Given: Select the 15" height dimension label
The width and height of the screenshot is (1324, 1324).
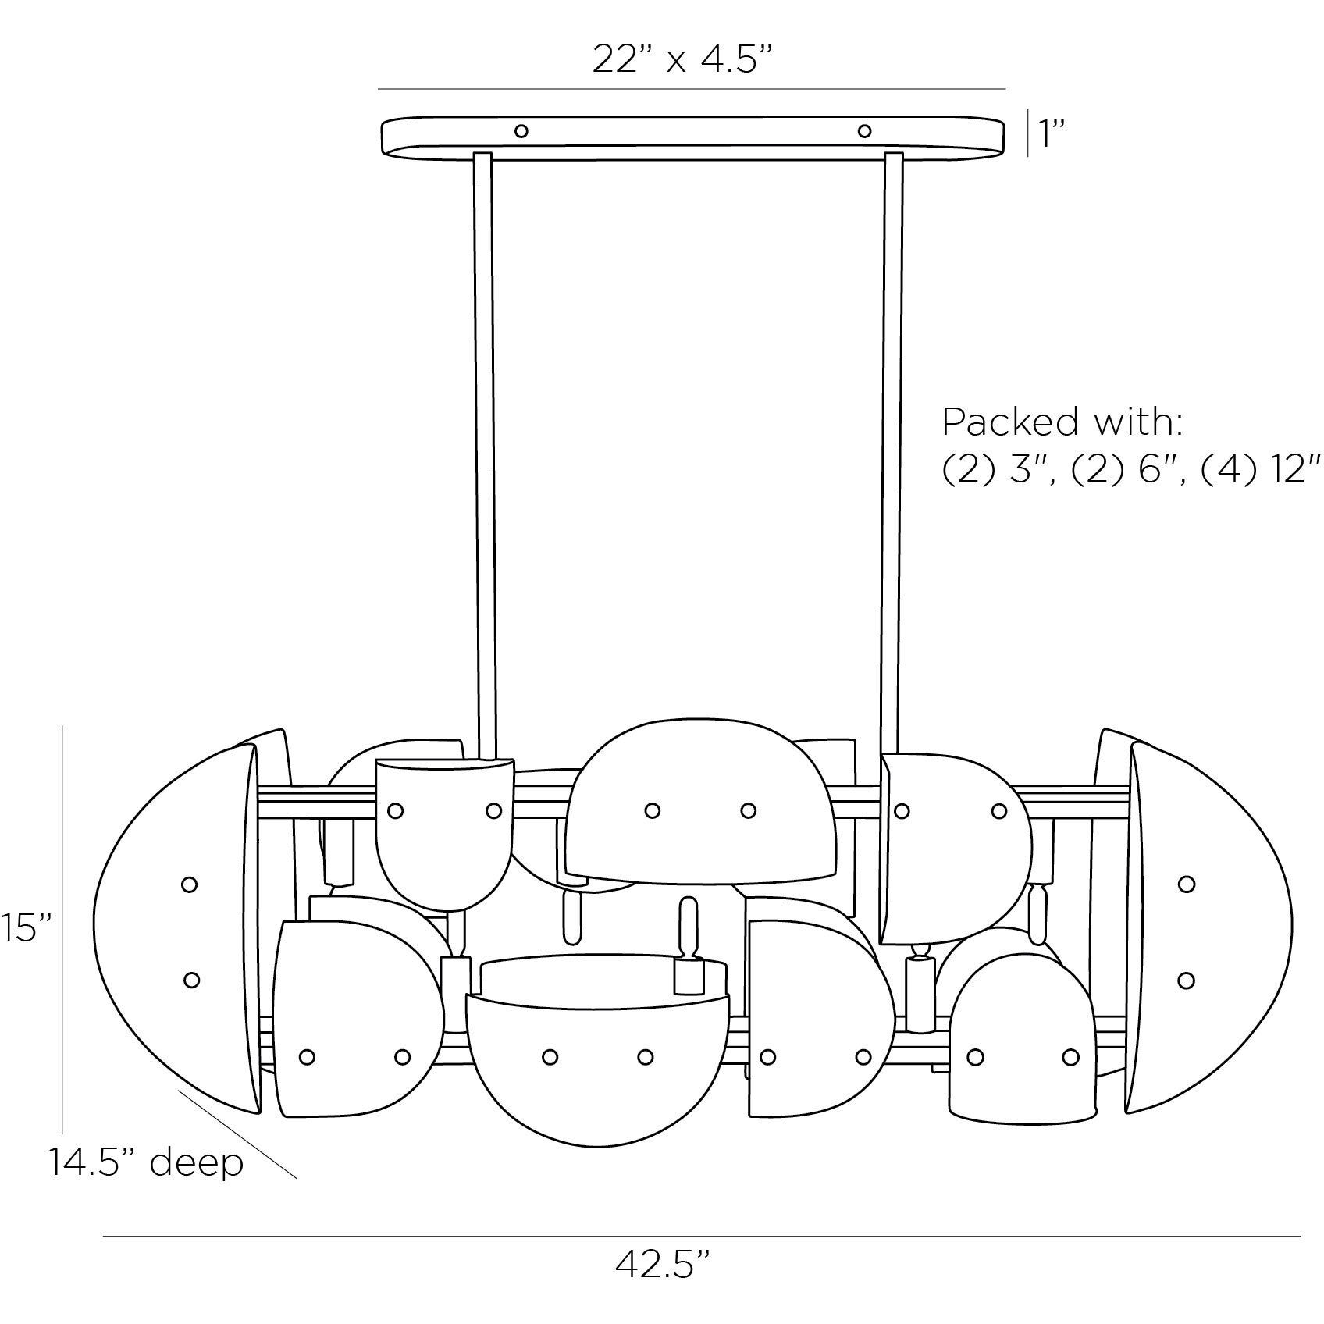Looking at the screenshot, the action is coord(26,929).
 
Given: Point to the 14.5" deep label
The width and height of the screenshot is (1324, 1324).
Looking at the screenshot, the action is coord(146,1162).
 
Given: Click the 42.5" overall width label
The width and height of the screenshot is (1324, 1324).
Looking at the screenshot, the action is coord(663,1285).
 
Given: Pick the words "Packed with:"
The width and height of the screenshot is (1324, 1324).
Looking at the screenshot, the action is coord(1062,422).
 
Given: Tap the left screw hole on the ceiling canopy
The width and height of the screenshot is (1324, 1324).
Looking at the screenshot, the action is coord(521,131).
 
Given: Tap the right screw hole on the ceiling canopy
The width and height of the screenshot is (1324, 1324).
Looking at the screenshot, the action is coord(864,131).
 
